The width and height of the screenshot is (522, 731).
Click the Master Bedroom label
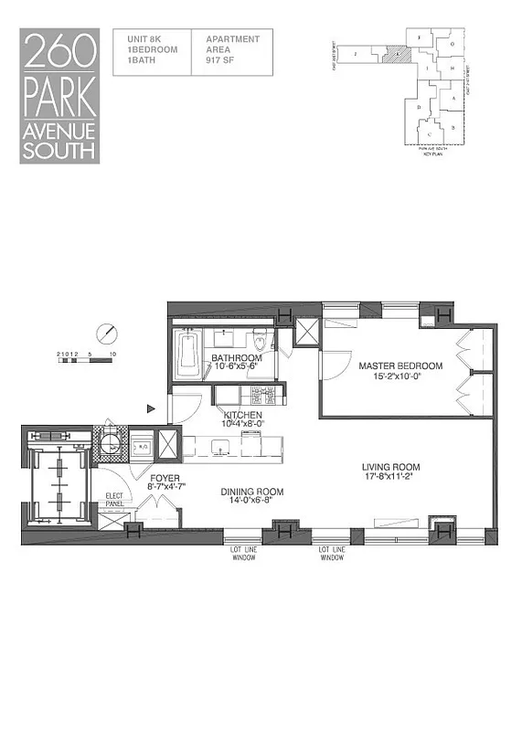point(399,366)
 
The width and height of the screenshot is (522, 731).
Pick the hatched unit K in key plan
point(397,54)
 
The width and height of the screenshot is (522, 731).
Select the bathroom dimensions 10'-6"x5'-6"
point(237,366)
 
